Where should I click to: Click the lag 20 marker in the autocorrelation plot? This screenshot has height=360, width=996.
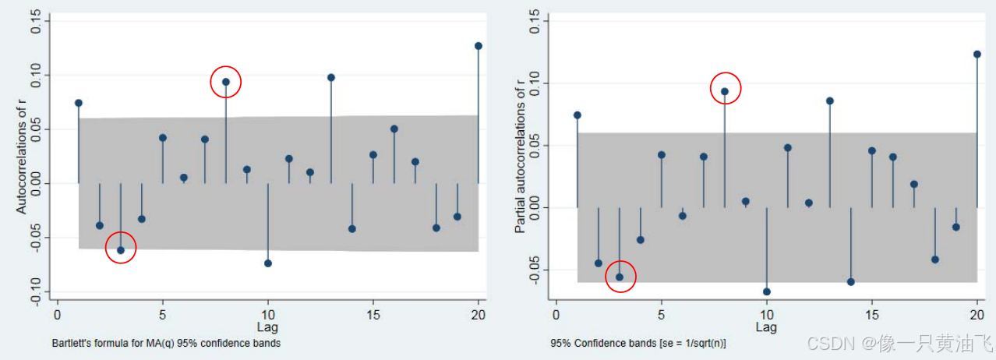(478, 46)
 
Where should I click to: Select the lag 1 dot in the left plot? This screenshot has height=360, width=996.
(79, 103)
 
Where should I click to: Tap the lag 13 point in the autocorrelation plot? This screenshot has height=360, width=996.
(330, 78)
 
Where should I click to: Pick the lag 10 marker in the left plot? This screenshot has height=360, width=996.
(268, 263)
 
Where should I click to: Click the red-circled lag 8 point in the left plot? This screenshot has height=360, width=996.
(226, 82)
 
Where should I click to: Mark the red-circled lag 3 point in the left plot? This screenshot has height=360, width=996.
(121, 250)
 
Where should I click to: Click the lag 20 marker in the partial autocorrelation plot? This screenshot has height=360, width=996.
(977, 55)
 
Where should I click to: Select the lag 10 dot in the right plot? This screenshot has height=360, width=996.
(767, 291)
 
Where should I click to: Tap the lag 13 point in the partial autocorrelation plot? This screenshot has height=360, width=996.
(830, 101)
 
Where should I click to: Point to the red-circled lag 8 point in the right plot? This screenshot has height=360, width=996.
(725, 91)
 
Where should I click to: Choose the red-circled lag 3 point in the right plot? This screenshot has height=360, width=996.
(620, 277)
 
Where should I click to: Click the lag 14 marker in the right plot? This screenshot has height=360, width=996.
(851, 282)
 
